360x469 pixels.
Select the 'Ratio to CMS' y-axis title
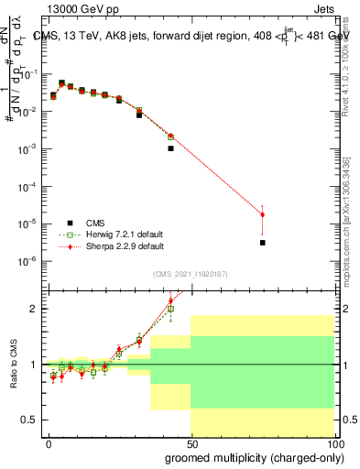[x=27, y=364]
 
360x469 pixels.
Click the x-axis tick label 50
[x=191, y=442]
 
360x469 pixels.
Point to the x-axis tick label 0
[x=49, y=442]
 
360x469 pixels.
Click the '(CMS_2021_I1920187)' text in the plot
[x=191, y=273]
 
